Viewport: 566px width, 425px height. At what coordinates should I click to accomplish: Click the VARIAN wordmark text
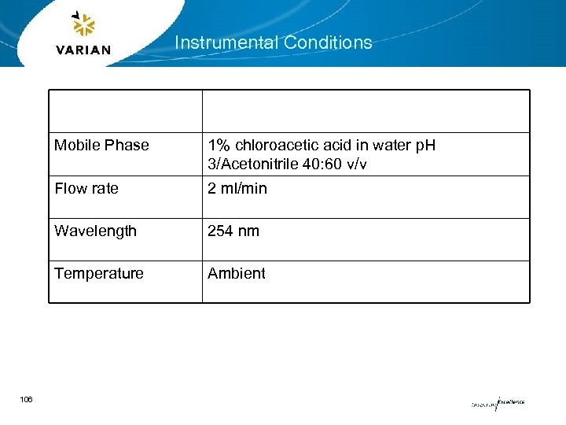coord(83,50)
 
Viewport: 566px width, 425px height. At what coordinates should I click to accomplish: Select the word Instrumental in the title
coord(223,42)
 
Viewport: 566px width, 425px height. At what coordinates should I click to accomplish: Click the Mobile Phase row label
coord(101,145)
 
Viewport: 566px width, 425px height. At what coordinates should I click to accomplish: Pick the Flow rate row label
coord(86,188)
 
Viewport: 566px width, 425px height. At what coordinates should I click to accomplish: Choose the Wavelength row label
coord(95,231)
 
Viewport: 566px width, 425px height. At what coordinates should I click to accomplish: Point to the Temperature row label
coord(99,273)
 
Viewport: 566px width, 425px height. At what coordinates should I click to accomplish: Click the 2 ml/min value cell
coord(237,188)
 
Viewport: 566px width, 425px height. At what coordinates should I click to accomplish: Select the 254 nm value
coord(233,231)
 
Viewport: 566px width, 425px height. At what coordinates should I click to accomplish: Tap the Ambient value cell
coord(237,273)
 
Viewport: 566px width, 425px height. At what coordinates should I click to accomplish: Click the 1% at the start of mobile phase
coord(219,145)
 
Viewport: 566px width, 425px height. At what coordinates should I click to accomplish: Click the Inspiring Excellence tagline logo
coord(498,402)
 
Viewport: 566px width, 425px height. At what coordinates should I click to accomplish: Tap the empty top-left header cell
coord(126,111)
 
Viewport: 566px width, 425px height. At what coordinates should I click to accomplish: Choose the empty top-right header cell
coord(366,111)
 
